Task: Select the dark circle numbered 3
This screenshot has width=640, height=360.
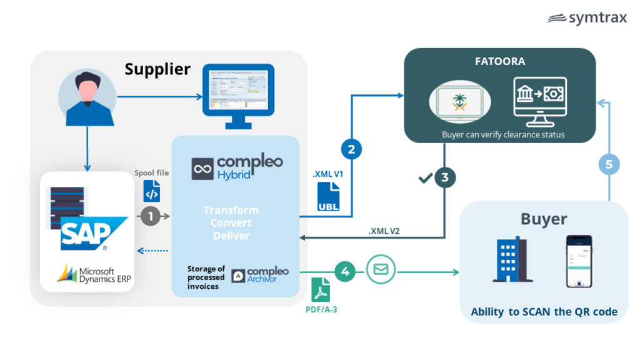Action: tap(444, 177)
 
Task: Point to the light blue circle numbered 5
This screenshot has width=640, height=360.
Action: tap(609, 164)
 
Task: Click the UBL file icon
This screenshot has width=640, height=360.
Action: tap(328, 196)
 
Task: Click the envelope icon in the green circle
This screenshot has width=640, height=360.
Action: tap(381, 270)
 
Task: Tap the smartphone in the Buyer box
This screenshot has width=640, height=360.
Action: tap(579, 262)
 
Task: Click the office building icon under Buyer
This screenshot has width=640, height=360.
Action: tap(509, 261)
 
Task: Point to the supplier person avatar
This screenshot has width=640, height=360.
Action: tap(87, 96)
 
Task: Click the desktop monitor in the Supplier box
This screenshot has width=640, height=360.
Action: tap(238, 97)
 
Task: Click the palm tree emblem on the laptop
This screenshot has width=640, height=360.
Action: tap(461, 101)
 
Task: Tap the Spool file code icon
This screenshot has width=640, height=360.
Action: tap(151, 190)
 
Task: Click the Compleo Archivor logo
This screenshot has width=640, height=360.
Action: tap(260, 275)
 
